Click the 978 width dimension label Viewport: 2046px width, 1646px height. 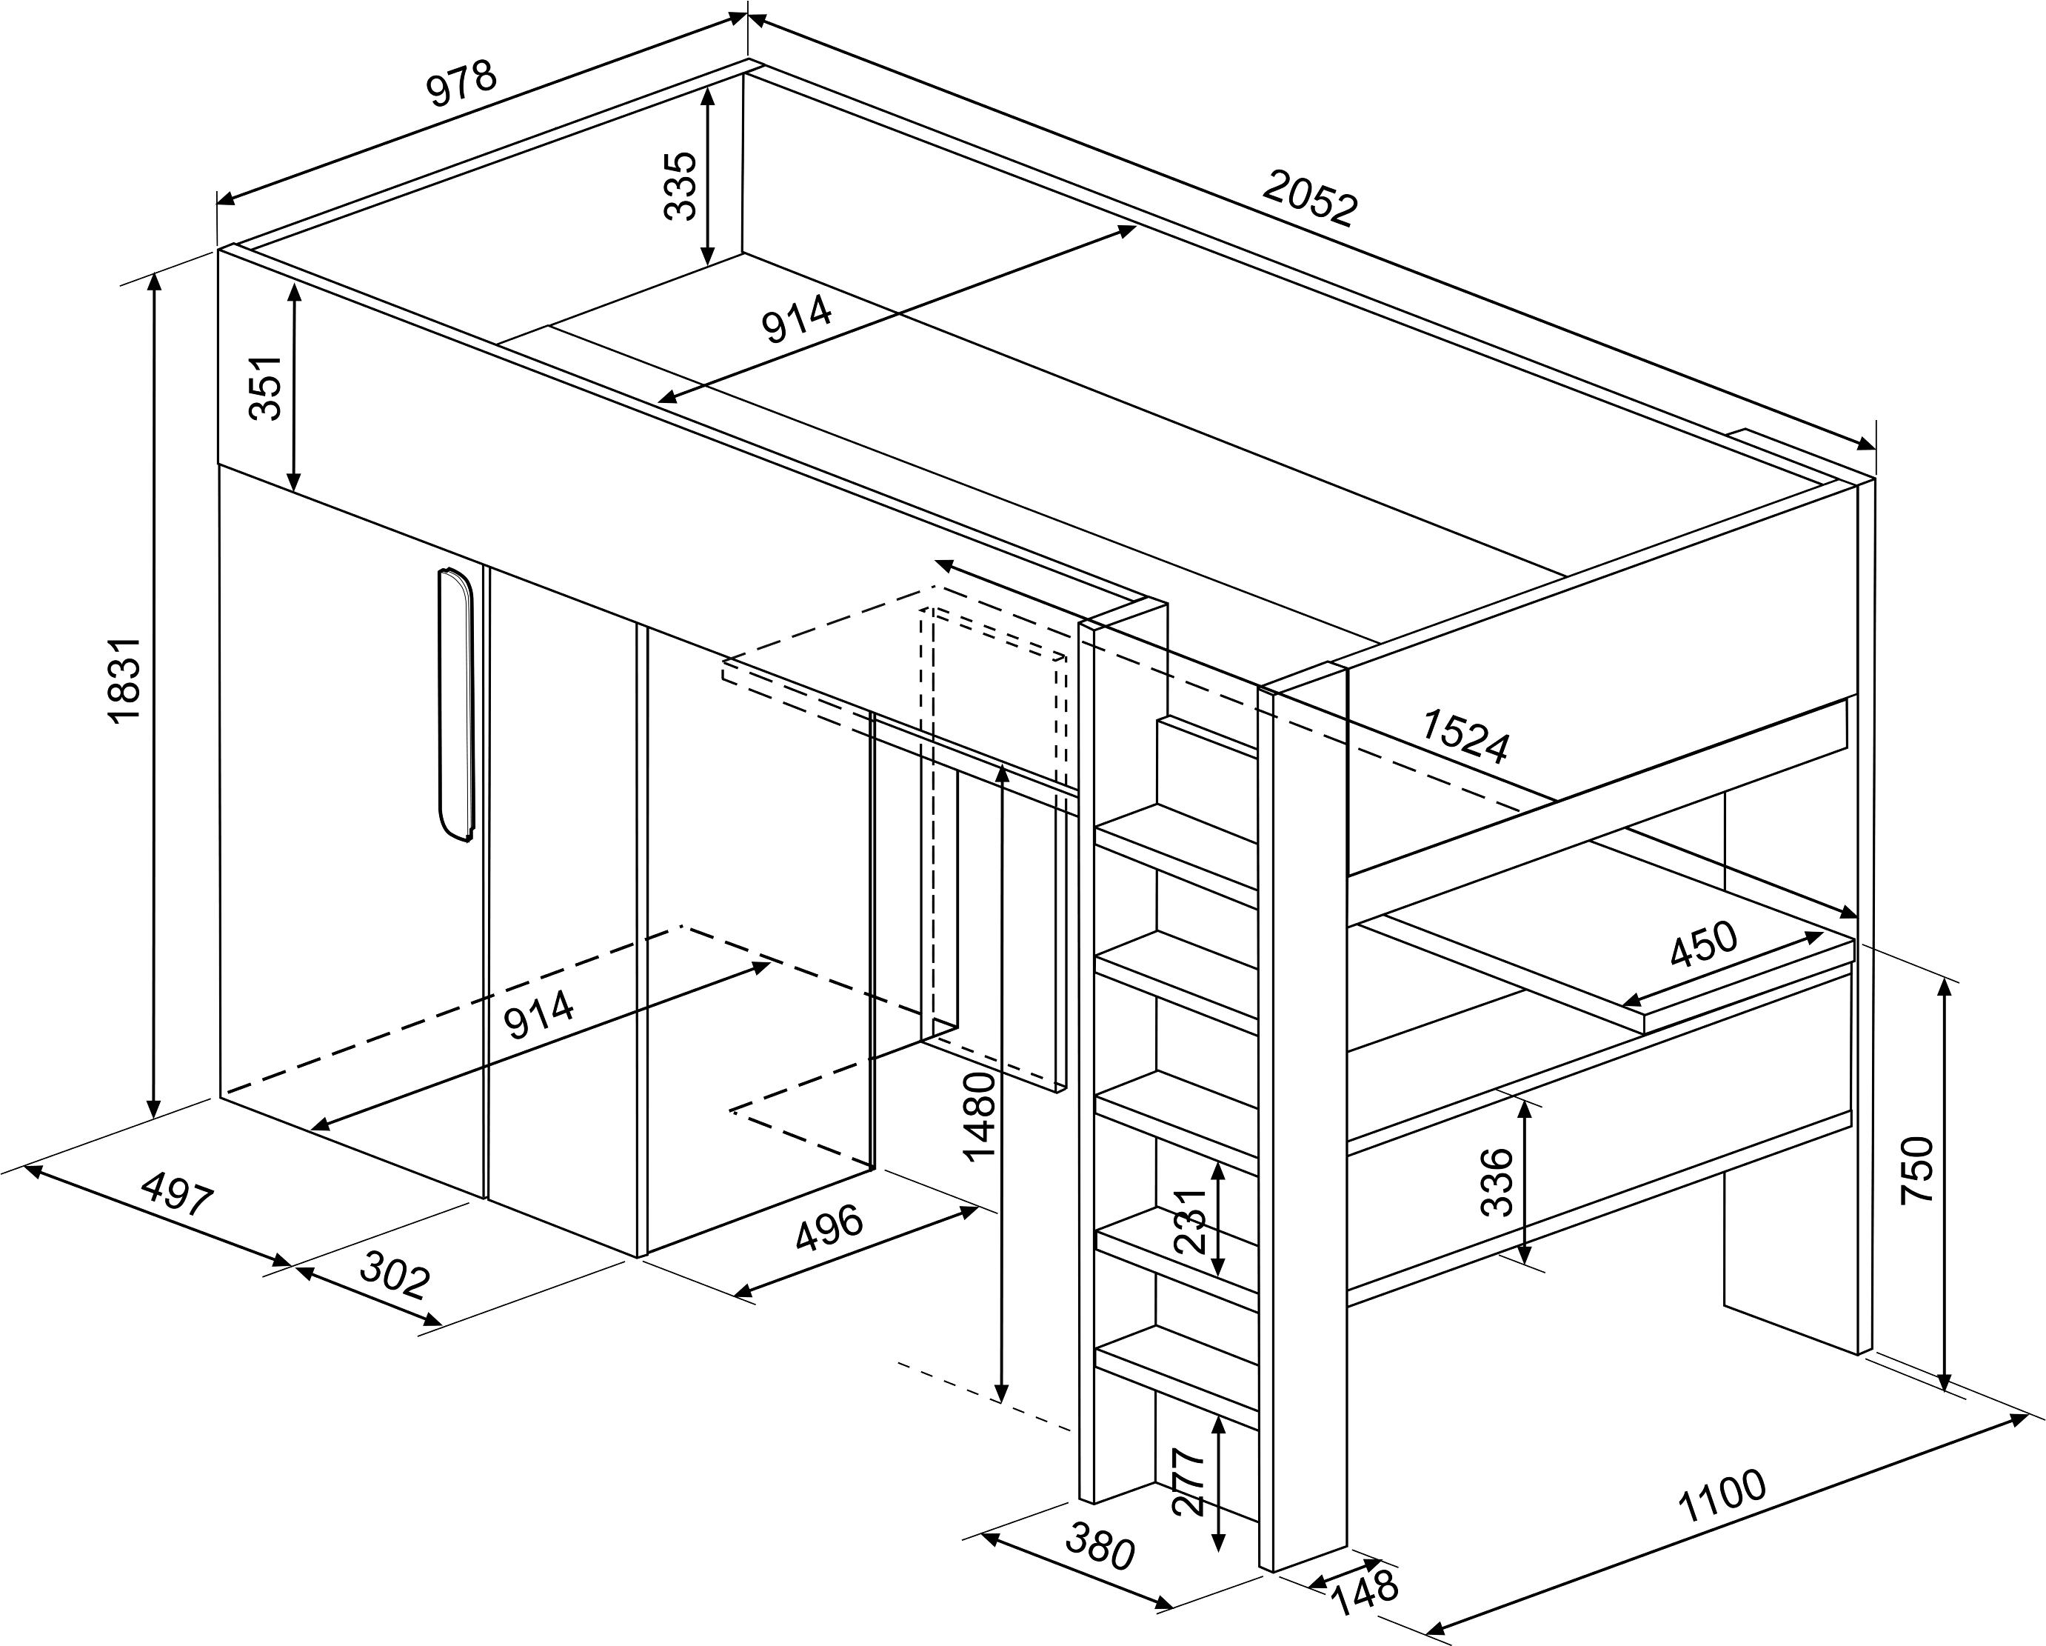[x=461, y=84]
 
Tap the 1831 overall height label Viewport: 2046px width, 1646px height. [x=125, y=681]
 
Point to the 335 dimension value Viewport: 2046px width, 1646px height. [x=681, y=186]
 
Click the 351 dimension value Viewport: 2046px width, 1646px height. [x=267, y=387]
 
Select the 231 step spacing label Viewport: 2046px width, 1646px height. [x=1191, y=1221]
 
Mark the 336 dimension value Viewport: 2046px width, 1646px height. [x=1497, y=1182]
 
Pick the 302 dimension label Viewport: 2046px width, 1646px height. [x=395, y=1277]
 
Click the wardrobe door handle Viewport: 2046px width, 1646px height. [x=456, y=704]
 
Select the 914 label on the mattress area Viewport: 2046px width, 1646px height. [x=797, y=320]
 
